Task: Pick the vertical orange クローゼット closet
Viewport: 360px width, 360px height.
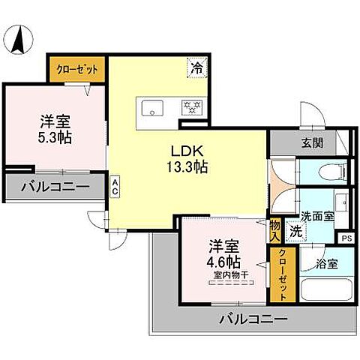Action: point(281,274)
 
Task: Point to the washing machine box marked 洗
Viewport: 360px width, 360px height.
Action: point(296,232)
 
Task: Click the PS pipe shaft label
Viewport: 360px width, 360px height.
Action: point(346,238)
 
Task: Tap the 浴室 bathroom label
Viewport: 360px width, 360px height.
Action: point(328,264)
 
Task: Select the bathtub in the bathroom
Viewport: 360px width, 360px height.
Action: point(325,289)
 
